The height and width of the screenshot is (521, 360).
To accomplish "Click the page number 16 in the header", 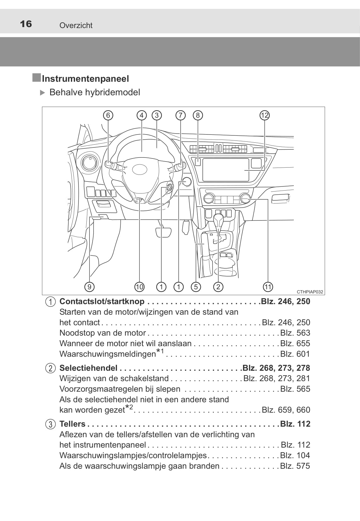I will click(x=26, y=24).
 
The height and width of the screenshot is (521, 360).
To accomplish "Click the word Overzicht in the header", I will click(x=76, y=26).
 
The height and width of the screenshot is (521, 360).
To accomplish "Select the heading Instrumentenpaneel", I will click(x=85, y=79).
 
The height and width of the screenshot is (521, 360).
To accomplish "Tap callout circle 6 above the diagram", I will click(x=108, y=115).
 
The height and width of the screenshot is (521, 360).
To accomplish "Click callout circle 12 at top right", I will click(x=264, y=115).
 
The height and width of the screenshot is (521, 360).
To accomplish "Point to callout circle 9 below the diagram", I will click(x=90, y=287).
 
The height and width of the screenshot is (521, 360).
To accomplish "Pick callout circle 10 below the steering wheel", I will click(x=139, y=287).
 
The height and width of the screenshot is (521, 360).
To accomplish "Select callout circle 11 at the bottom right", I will click(x=268, y=287).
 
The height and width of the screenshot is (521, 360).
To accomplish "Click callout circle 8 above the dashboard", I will click(x=198, y=115).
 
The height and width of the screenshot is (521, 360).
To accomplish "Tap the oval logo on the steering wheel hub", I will click(x=140, y=169).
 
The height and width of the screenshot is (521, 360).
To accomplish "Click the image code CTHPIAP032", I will click(x=310, y=292).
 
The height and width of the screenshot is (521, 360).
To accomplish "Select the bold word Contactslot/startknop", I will click(x=102, y=301).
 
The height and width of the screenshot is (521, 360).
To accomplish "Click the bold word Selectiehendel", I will click(x=88, y=368).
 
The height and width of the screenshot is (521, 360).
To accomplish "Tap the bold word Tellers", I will click(x=73, y=424).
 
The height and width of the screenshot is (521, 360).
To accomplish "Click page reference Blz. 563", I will click(x=295, y=333).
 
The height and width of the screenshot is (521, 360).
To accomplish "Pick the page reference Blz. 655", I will click(x=295, y=343).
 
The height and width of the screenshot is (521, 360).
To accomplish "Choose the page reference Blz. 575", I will click(x=295, y=466).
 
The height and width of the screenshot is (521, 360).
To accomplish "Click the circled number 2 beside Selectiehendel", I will click(x=50, y=368).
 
